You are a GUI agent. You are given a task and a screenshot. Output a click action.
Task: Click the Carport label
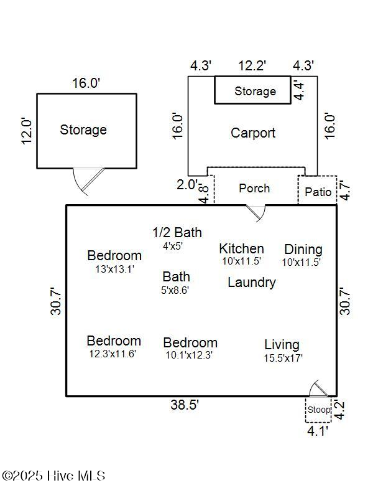pyautogui.click(x=252, y=133)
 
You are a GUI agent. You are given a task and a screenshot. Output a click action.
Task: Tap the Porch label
pyautogui.click(x=254, y=188)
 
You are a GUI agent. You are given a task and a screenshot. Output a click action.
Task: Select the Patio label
pyautogui.click(x=318, y=192)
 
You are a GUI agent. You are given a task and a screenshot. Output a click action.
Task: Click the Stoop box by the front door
pyautogui.click(x=318, y=410)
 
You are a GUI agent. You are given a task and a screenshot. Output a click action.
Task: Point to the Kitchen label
pyautogui.click(x=241, y=248)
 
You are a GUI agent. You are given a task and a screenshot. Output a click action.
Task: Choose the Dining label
pyautogui.click(x=303, y=249)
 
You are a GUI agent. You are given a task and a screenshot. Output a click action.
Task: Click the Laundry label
pyautogui.click(x=251, y=283)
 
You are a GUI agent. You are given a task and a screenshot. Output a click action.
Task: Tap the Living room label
pyautogui.click(x=282, y=344)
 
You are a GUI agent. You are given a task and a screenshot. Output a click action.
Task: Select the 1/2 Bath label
pyautogui.click(x=177, y=233)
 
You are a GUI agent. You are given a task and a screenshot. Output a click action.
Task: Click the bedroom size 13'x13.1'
pyautogui.click(x=114, y=269)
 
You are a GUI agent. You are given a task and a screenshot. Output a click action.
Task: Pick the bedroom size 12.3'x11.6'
pyautogui.click(x=113, y=354)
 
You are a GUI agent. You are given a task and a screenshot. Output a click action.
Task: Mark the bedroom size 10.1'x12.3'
pyautogui.click(x=189, y=355)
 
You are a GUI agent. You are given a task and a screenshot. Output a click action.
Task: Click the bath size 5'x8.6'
pyautogui.click(x=175, y=289)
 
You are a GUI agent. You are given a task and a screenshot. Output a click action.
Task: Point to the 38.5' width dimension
pyautogui.click(x=185, y=405)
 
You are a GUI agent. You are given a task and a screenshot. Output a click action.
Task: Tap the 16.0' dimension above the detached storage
pyautogui.click(x=86, y=83)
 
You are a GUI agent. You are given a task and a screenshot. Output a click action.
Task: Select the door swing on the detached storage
pyautogui.click(x=86, y=181)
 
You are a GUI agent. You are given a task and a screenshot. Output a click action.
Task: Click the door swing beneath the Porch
pyautogui.click(x=256, y=212)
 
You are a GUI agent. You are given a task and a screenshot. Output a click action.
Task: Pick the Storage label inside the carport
pyautogui.click(x=255, y=92)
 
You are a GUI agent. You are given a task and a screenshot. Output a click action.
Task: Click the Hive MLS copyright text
pyautogui.click(x=53, y=476)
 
